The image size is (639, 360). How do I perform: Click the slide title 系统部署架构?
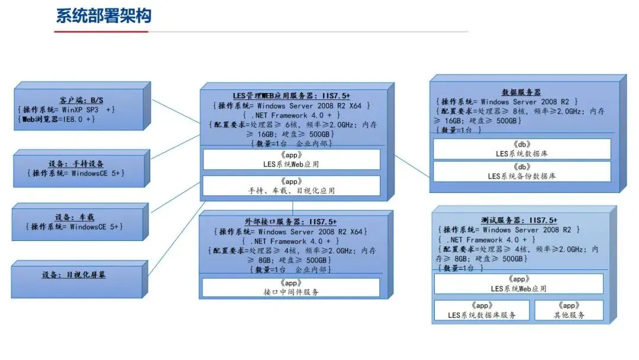click(x=104, y=15)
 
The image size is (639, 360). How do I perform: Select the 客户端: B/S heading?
click(x=81, y=99)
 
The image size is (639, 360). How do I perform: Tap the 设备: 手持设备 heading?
click(x=78, y=163)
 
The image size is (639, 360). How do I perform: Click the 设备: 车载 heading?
click(x=77, y=217)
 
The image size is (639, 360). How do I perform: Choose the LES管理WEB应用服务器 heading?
click(x=291, y=95)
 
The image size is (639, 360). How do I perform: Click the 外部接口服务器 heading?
click(x=291, y=221)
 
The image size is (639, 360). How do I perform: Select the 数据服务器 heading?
click(x=521, y=92)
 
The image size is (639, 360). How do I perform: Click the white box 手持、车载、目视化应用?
click(x=291, y=186)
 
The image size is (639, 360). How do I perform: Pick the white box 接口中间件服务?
click(x=291, y=287)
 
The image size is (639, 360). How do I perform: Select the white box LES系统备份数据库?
click(x=521, y=172)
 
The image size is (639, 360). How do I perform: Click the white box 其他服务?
click(x=569, y=311)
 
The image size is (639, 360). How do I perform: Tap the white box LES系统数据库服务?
click(x=482, y=311)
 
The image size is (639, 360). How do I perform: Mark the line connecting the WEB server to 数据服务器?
click(x=412, y=165)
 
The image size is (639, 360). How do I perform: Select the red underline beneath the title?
click(x=101, y=31)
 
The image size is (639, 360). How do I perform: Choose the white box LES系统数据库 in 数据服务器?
click(x=521, y=149)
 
